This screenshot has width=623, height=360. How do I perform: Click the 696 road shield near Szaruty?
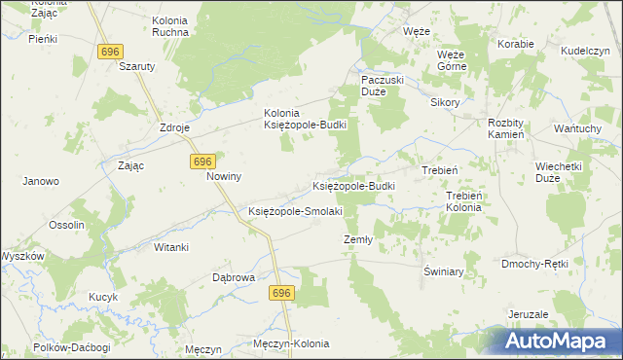coord(109,51)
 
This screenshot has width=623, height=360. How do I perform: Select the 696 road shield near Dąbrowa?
coord(282,293)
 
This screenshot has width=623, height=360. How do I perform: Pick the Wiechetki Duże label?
coord(559,172)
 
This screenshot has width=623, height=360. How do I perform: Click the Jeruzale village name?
coord(528,314)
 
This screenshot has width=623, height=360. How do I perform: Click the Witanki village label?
coord(170,247)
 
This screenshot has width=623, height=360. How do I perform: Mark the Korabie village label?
coord(516,44)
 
